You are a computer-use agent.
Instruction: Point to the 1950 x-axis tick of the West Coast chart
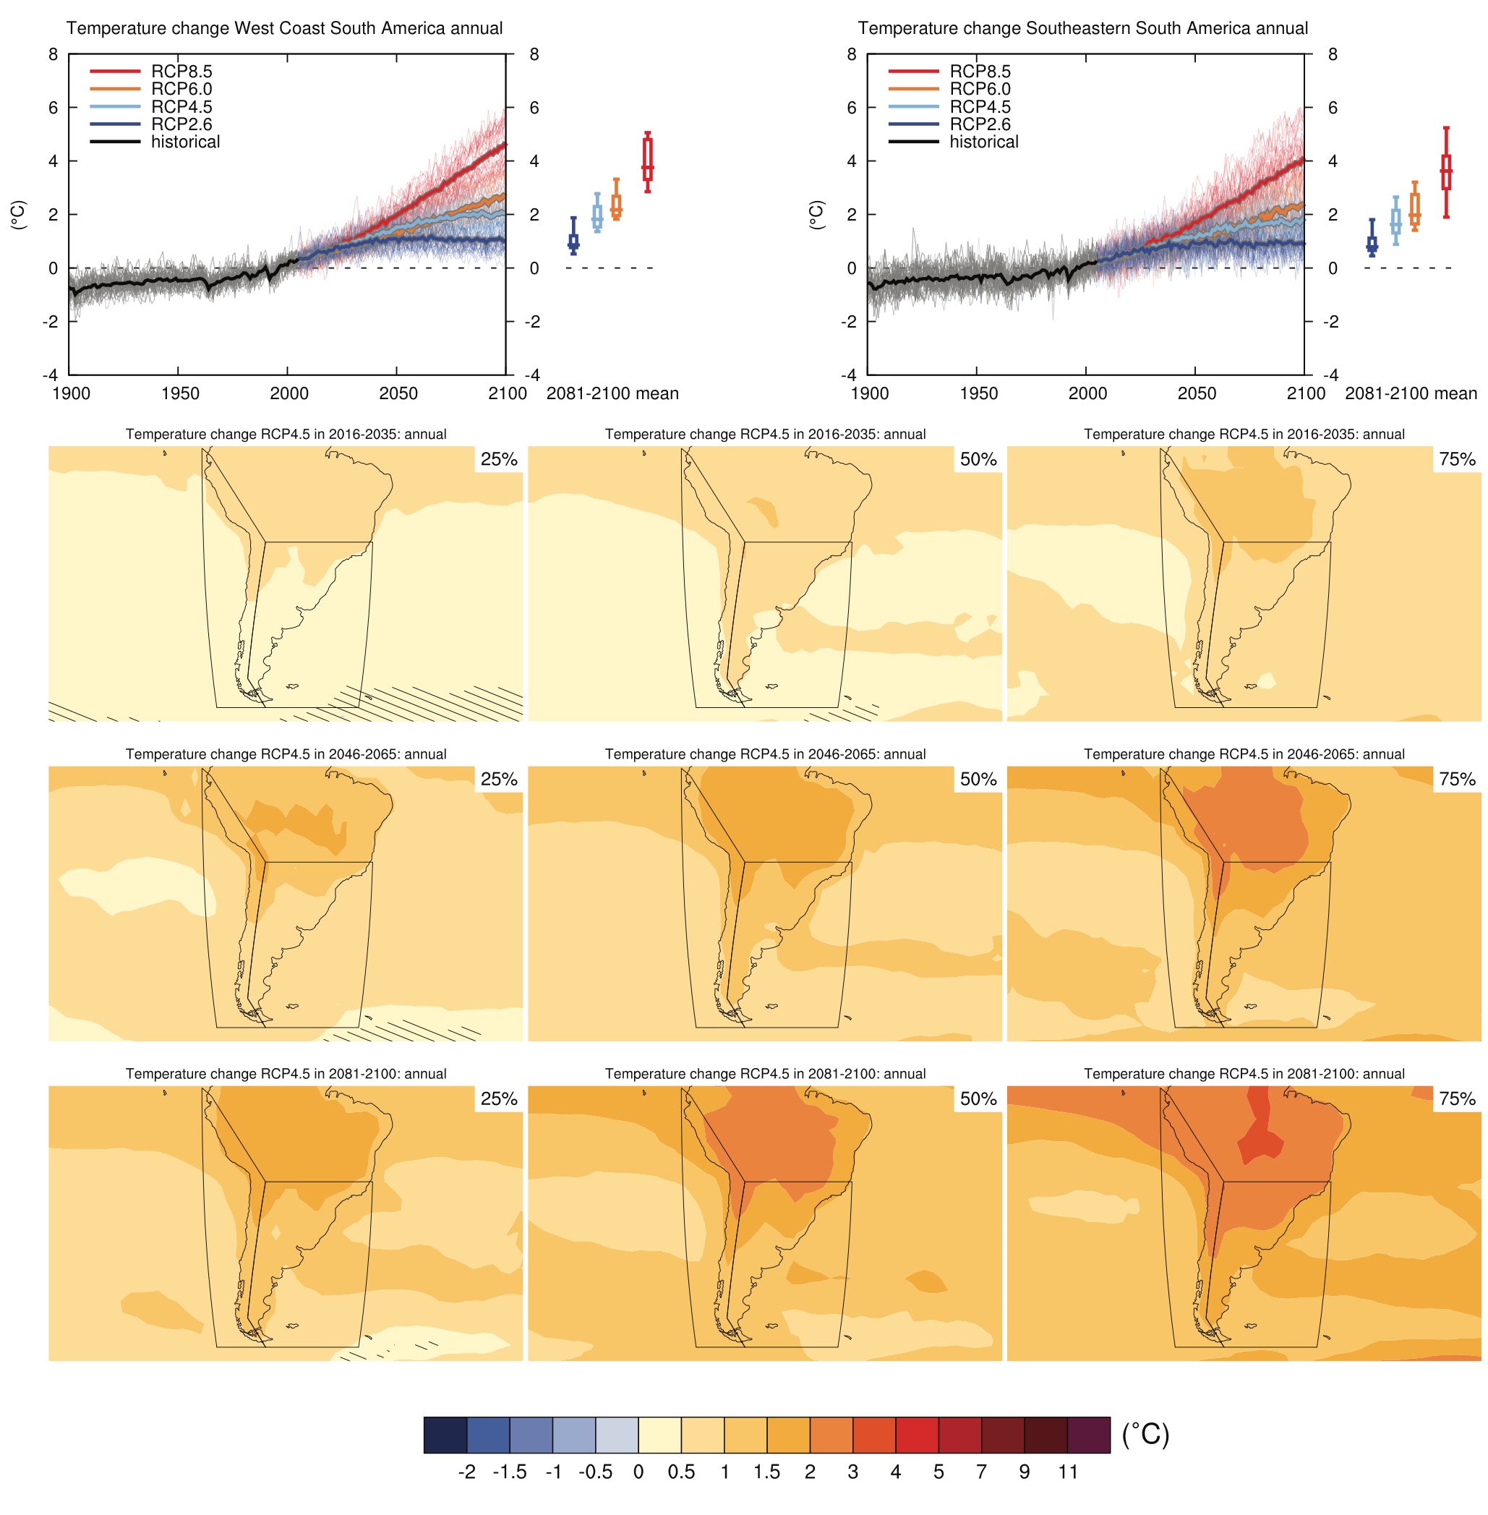[180, 393]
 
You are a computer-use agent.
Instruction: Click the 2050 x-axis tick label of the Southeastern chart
[1197, 393]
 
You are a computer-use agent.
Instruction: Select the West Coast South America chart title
[284, 28]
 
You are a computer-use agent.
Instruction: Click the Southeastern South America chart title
[1082, 28]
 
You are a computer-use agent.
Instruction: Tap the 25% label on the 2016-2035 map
[499, 459]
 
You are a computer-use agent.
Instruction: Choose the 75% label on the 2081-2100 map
[1457, 1098]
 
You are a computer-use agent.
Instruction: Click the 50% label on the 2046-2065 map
[978, 779]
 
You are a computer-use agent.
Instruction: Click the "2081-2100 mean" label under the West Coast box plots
[612, 393]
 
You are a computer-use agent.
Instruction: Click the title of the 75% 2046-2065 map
[1244, 754]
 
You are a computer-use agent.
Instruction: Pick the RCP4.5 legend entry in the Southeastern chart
[979, 106]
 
